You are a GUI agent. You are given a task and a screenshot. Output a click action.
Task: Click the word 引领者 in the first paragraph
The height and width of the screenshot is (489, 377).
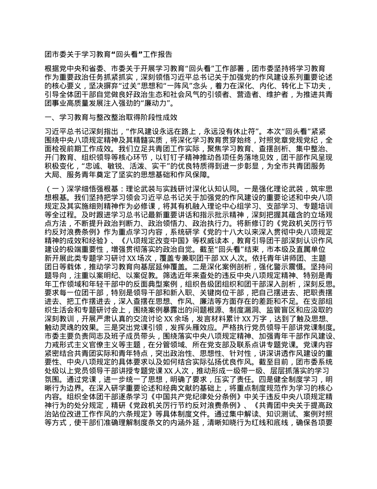coord(221,94)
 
